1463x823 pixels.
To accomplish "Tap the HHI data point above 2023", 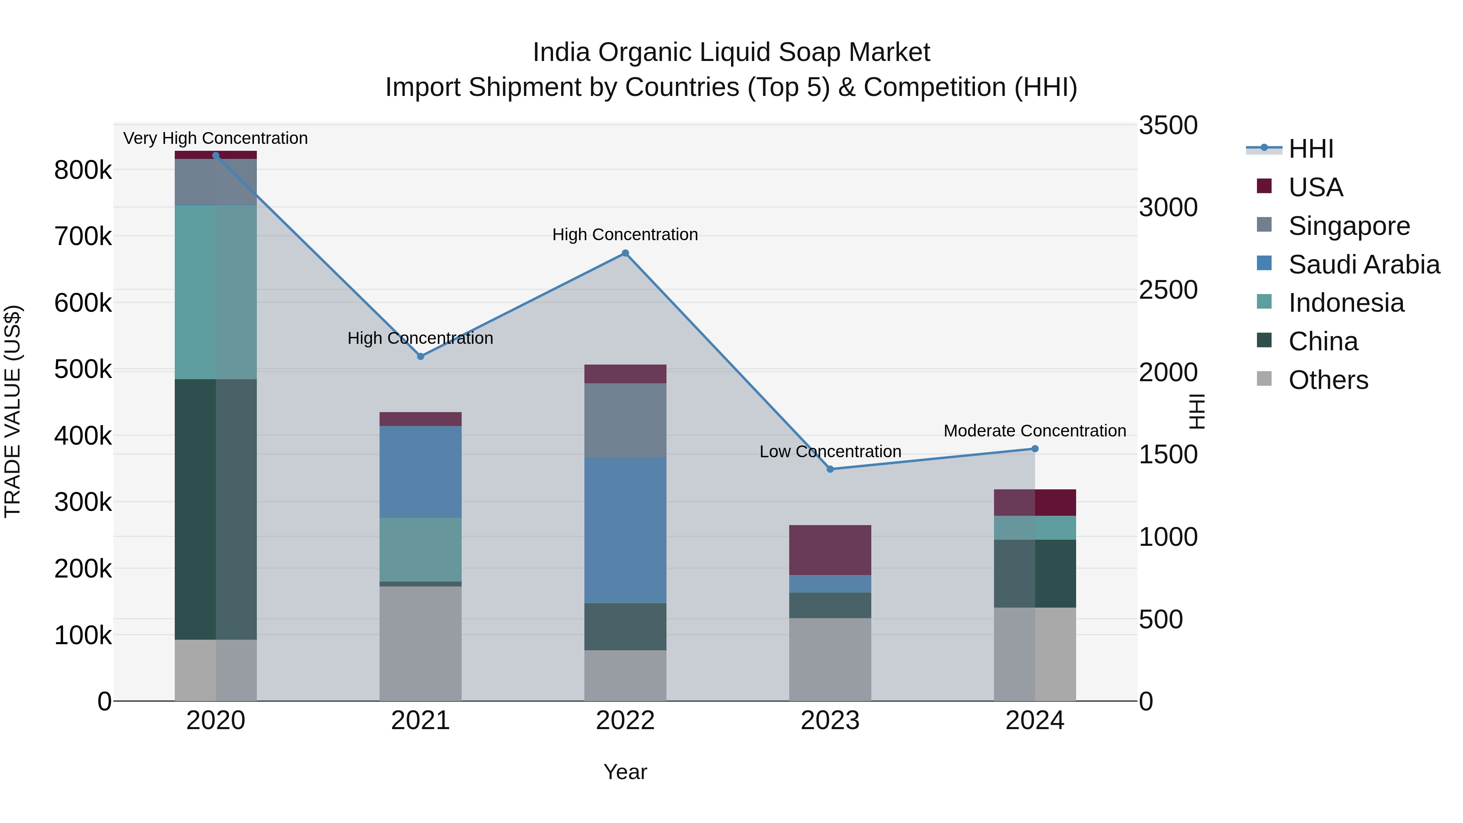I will [830, 469].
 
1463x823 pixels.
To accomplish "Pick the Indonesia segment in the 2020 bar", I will [215, 292].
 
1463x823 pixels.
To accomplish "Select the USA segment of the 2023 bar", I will [830, 550].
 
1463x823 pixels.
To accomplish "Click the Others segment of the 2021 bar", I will [420, 643].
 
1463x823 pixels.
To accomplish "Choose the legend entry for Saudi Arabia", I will [1363, 265].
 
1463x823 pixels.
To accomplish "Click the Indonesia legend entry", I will [1346, 303].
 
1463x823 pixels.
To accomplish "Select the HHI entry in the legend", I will [1311, 149].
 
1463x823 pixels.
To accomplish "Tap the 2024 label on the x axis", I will [1034, 721].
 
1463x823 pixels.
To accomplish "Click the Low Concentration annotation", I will [830, 452].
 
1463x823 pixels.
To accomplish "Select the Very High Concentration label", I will [215, 138].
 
